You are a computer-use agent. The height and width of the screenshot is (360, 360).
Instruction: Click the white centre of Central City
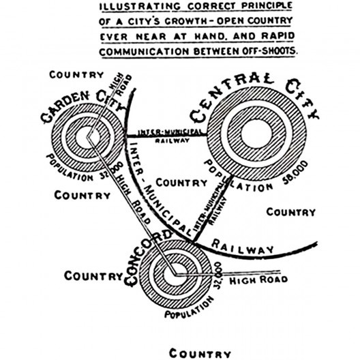(x=256, y=134)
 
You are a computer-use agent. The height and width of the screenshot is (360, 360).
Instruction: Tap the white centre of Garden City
(x=87, y=138)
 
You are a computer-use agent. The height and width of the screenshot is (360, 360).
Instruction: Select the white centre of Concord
(x=175, y=275)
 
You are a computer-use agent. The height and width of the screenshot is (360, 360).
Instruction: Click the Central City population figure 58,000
(x=295, y=172)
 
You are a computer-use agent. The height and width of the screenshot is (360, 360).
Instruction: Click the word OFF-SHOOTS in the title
(x=269, y=51)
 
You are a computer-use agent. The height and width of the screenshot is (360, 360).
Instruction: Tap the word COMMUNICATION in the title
(x=145, y=52)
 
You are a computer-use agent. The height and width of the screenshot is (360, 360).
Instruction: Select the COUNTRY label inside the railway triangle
(x=181, y=183)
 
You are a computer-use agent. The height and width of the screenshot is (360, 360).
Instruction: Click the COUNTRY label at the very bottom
(x=200, y=354)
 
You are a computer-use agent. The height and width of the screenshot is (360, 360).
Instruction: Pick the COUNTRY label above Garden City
(x=76, y=74)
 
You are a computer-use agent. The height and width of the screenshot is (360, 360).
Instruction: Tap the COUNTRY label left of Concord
(x=93, y=275)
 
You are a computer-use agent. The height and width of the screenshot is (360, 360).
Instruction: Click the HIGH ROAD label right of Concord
(x=258, y=280)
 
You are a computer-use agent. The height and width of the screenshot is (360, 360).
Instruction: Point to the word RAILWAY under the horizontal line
(x=172, y=140)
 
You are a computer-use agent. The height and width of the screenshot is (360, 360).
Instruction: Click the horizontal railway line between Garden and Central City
(x=167, y=136)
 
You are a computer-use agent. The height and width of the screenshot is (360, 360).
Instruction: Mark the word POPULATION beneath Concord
(x=190, y=308)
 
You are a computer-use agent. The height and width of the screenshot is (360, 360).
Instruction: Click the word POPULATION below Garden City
(x=68, y=169)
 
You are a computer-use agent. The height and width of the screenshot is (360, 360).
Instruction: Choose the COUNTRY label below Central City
(x=291, y=212)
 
